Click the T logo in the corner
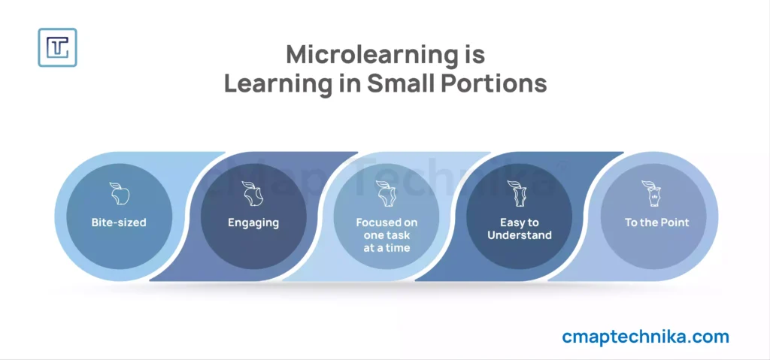[x=57, y=47]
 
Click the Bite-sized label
[x=119, y=222]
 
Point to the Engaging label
[x=253, y=223]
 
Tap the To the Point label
[x=656, y=222]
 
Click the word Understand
[x=519, y=235]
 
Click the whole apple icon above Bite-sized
[x=118, y=193]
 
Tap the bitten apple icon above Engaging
[x=253, y=193]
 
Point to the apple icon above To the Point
[x=650, y=193]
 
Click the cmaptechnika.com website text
[x=645, y=337]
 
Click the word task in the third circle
[x=399, y=235]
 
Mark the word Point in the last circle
[x=676, y=222]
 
